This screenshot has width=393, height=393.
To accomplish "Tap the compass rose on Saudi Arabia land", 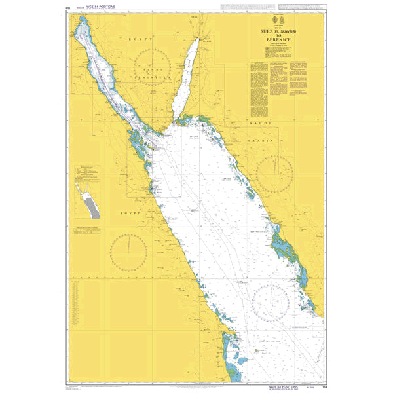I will pyautogui.click(x=274, y=173).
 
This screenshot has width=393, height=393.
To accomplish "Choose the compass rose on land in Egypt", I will pyautogui.click(x=128, y=253).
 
